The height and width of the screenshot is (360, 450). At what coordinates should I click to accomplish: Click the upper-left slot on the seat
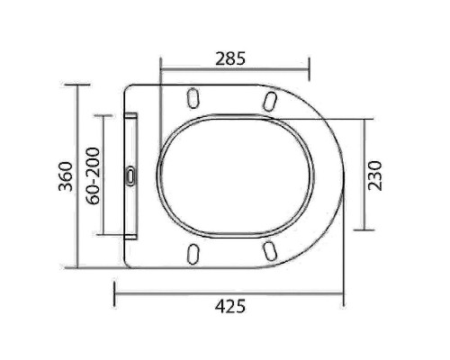pos(193,97)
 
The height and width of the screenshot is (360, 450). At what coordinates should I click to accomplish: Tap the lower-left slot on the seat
pos(193,253)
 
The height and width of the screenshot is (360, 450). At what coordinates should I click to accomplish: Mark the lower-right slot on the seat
pos(271,249)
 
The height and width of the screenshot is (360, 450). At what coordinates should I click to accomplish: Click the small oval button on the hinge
pos(132,175)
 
